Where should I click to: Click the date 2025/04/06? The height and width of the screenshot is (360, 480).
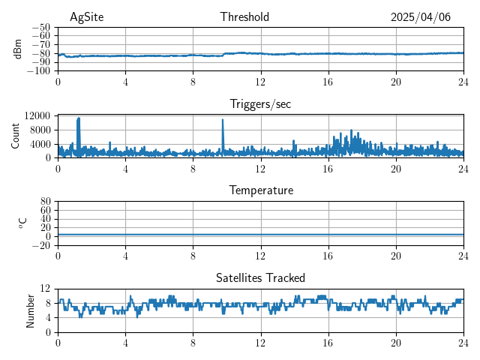[x=420, y=17]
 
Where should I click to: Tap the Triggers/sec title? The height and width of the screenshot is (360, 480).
[x=260, y=104]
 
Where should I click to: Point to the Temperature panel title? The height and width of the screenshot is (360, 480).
[x=260, y=191]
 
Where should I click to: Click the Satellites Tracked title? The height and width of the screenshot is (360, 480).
[x=260, y=278]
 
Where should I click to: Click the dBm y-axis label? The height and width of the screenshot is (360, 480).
[x=18, y=49]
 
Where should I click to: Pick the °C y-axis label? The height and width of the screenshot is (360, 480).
[x=22, y=223]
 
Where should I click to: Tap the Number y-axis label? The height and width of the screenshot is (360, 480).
[x=30, y=310]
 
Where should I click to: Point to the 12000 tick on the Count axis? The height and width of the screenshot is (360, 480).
[x=37, y=115]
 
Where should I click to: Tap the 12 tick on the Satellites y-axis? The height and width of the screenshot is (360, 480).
[x=46, y=289]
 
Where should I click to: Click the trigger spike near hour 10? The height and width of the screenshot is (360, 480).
[x=223, y=121]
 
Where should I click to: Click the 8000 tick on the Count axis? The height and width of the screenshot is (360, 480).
[x=40, y=130]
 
